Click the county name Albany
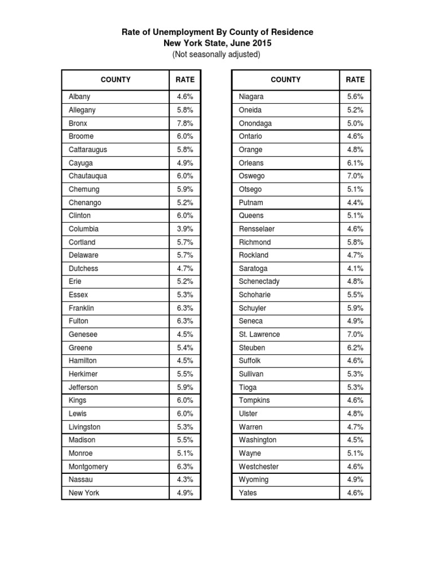(79, 97)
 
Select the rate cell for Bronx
(185, 123)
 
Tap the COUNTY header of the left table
(115, 79)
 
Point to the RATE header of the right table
(355, 79)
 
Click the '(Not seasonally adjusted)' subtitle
(217, 55)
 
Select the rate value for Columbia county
(185, 229)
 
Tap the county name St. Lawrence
(259, 334)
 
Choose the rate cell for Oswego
(355, 176)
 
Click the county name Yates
(248, 492)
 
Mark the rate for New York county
(185, 492)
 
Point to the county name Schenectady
(259, 281)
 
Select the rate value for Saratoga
(355, 268)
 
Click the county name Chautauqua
(88, 176)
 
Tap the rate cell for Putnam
(355, 202)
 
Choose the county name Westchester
(259, 467)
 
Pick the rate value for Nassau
(185, 480)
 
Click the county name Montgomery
(89, 467)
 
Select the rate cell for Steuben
(355, 348)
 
